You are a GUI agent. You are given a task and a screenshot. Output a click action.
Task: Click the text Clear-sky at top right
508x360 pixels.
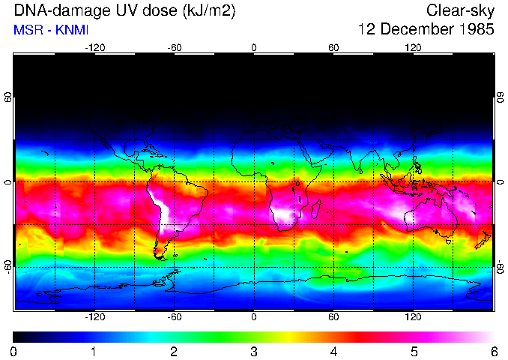pyautogui.click(x=460, y=10)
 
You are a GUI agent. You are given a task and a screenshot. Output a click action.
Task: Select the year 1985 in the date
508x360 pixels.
pyautogui.click(x=474, y=30)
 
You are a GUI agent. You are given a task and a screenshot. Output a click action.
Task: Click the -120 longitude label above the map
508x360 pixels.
pyautogui.click(x=94, y=47)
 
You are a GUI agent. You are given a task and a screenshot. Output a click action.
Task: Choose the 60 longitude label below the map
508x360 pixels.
pyautogui.click(x=333, y=317)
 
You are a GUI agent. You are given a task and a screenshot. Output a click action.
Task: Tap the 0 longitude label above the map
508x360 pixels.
pyautogui.click(x=254, y=47)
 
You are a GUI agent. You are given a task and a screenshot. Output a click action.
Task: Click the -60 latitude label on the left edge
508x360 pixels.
pyautogui.click(x=8, y=266)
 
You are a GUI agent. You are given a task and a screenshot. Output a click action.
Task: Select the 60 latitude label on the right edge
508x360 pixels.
pyautogui.click(x=500, y=97)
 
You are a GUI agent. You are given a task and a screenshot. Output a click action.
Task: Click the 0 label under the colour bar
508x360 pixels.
pyautogui.click(x=14, y=351)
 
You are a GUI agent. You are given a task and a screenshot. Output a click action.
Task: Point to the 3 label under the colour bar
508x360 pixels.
pyautogui.click(x=254, y=351)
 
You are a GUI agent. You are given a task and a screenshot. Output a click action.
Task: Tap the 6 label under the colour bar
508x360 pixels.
pyautogui.click(x=493, y=351)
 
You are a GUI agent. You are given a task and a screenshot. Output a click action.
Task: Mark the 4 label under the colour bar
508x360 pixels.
pyautogui.click(x=334, y=351)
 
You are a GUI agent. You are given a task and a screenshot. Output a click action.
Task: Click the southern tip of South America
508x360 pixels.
pyautogui.click(x=160, y=255)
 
